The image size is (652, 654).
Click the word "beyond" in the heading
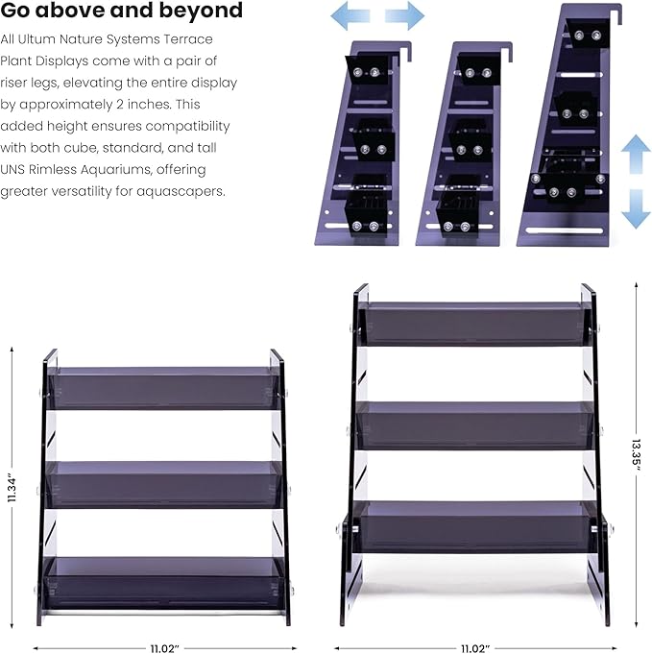click(x=201, y=10)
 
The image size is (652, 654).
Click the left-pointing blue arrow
click(x=350, y=16)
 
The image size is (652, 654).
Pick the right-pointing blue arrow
click(x=404, y=16)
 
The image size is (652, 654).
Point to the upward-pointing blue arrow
click(x=636, y=154)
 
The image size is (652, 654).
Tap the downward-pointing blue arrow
click(x=636, y=209)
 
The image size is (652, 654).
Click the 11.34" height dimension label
click(x=12, y=487)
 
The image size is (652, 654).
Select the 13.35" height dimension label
click(x=636, y=454)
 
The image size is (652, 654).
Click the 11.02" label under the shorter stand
click(x=164, y=648)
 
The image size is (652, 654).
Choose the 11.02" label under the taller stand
click(x=475, y=648)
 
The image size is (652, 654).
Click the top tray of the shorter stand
click(x=164, y=388)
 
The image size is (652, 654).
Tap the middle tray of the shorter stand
click(x=164, y=484)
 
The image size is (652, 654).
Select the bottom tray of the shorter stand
click(x=164, y=583)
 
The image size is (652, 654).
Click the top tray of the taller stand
click(x=475, y=324)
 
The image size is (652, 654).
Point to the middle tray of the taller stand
click(x=475, y=425)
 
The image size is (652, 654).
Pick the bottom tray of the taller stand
click(x=475, y=527)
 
